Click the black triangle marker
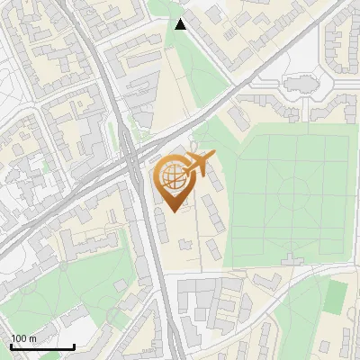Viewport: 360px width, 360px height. pyautogui.click(x=181, y=23)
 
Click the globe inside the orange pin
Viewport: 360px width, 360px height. pyautogui.click(x=170, y=176)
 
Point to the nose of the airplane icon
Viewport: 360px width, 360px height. pyautogui.click(x=212, y=157)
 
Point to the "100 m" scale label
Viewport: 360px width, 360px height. pyautogui.click(x=23, y=338)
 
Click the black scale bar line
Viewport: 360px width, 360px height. pyautogui.click(x=42, y=346)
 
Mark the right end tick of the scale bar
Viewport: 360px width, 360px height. pyautogui.click(x=74, y=345)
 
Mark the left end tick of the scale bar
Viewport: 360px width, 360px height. pyautogui.click(x=11, y=345)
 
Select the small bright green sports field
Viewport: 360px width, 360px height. pyautogui.click(x=336, y=296)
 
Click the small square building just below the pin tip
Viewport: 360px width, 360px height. pyautogui.click(x=184, y=243)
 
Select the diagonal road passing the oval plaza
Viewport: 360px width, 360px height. pyautogui.click(x=270, y=63)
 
